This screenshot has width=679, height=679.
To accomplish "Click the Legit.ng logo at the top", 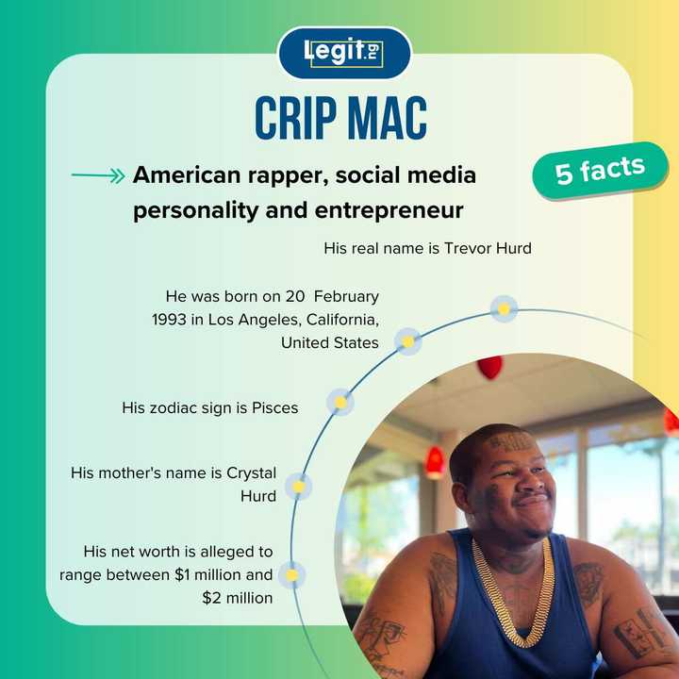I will pos(344,53).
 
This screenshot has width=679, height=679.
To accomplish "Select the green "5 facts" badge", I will pos(600,171).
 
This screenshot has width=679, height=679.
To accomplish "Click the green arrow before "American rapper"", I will pos(98,175).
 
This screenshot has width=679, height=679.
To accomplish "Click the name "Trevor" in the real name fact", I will pos(469,248).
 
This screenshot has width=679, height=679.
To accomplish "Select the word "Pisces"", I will pos(274,408).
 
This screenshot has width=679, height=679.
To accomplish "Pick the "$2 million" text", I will pos(238,597).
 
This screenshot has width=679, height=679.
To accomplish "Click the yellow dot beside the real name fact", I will pos(504,308).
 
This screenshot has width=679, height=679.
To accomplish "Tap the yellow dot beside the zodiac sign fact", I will pos(340,403).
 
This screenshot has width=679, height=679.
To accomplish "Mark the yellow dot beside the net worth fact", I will pos(291,574).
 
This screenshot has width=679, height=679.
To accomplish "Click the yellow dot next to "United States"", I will pos(407,341).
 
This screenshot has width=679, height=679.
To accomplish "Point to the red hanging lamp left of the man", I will pos(435,461).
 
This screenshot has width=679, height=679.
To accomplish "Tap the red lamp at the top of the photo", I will pos(489,366).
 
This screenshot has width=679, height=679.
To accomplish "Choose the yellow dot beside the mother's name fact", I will pos(298,487).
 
